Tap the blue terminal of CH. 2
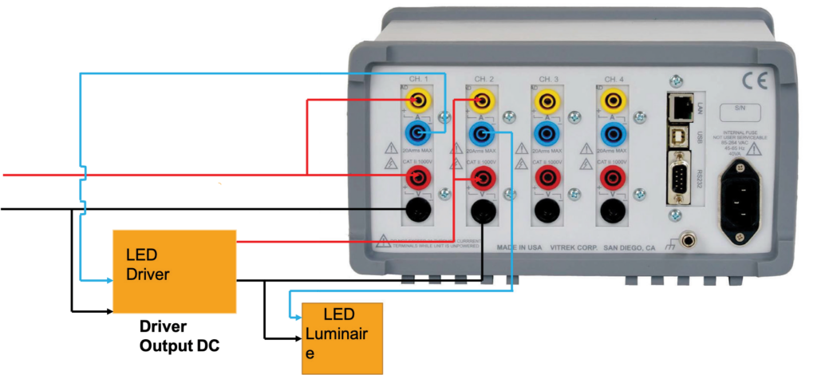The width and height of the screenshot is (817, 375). [x=481, y=132]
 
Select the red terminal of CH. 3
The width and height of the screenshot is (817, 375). [x=547, y=177]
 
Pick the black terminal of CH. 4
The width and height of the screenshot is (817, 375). [x=612, y=211]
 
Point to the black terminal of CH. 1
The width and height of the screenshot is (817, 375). [x=416, y=211]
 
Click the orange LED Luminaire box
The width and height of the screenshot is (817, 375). [x=341, y=337]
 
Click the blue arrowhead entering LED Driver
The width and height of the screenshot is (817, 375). [x=106, y=281]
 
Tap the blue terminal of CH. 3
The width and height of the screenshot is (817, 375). [x=547, y=132]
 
